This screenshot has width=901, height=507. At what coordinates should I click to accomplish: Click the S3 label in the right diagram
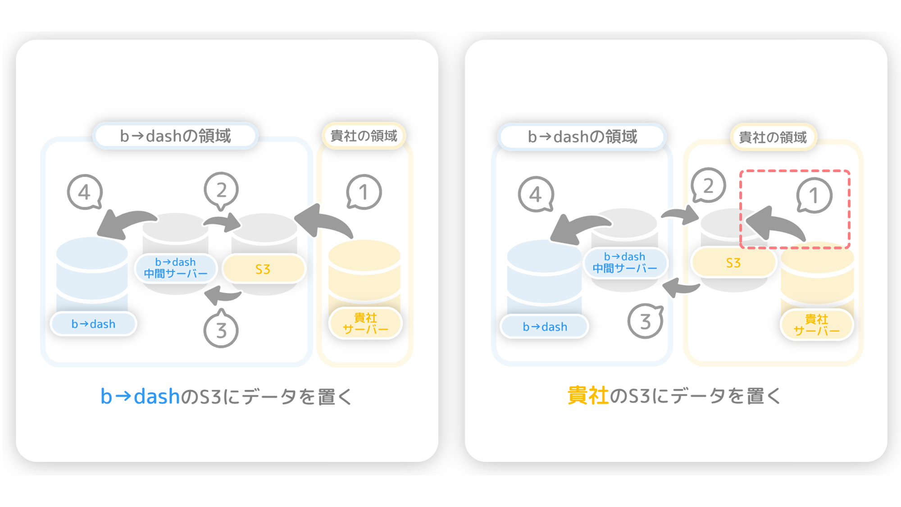click(733, 263)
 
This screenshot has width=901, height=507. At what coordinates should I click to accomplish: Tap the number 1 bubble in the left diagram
click(364, 192)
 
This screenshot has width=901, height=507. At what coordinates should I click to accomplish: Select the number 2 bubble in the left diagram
click(221, 191)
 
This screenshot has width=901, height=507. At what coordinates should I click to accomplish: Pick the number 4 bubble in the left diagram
click(85, 192)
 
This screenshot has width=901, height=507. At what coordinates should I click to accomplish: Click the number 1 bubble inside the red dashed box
click(814, 196)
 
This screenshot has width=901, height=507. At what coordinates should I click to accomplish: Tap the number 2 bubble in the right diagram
click(709, 185)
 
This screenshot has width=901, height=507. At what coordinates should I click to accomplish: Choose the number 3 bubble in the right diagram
click(646, 321)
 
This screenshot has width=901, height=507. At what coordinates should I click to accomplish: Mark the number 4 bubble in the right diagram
click(536, 194)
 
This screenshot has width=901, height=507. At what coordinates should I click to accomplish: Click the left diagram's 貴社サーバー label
click(365, 323)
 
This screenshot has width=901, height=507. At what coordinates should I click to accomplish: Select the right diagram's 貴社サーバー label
click(817, 325)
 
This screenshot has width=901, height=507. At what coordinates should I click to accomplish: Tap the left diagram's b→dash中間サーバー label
click(176, 268)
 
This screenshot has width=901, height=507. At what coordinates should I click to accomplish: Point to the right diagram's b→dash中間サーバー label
click(625, 263)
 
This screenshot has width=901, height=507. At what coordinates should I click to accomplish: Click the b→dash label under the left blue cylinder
click(93, 324)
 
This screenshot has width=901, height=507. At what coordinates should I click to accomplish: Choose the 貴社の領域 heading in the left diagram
click(364, 136)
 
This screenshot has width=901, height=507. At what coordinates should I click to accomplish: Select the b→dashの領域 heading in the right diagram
click(582, 137)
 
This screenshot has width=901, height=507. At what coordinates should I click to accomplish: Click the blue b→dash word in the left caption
click(140, 397)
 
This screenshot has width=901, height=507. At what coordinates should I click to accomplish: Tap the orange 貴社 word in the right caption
click(588, 396)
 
